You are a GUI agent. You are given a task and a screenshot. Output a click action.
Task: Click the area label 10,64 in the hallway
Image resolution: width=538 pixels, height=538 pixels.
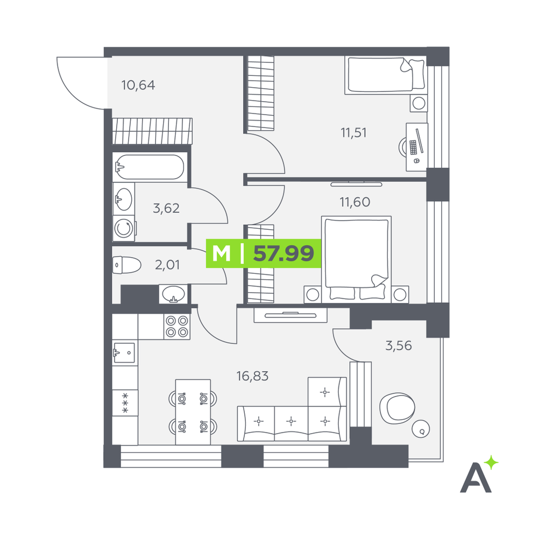[x=138, y=85]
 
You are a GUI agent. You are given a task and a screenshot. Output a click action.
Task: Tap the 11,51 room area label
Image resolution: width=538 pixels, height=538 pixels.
[x=353, y=132]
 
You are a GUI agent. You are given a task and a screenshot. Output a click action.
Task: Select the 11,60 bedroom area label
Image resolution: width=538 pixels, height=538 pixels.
[x=355, y=202]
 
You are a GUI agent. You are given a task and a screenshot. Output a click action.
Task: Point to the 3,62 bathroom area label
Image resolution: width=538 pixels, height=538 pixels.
[x=166, y=208]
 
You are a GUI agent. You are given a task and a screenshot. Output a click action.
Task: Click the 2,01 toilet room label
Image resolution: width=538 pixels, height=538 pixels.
[x=167, y=265]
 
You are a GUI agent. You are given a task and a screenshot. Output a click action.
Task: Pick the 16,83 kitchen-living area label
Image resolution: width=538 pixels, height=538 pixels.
[x=252, y=376]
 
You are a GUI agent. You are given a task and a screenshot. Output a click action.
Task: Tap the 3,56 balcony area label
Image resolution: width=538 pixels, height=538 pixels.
[x=398, y=345]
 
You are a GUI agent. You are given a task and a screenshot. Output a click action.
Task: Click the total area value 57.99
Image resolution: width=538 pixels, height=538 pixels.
[x=284, y=253]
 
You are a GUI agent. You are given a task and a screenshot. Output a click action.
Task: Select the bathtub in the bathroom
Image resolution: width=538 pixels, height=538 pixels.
[x=150, y=167]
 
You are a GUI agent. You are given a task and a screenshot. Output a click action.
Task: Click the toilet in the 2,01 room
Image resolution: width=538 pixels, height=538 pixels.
[x=126, y=265]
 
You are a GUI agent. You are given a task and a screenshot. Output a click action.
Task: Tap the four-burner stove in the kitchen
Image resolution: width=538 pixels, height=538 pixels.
[x=177, y=327]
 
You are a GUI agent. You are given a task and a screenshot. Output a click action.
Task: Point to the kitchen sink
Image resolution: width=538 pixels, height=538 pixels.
[x=124, y=352]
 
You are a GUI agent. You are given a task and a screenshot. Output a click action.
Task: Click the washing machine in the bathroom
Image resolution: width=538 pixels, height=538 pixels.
[x=124, y=228]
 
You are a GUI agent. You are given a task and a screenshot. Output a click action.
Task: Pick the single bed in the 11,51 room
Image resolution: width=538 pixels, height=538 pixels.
[x=386, y=75]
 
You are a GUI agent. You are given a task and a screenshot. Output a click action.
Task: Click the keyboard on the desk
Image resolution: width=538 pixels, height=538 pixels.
[x=413, y=147]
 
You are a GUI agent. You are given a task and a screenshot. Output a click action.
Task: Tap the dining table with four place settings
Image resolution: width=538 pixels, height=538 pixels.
[x=193, y=412]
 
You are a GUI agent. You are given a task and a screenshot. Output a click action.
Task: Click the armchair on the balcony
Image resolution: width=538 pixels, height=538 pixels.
[x=397, y=408]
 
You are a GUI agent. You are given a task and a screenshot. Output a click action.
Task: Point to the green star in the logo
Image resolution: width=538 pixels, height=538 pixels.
[x=492, y=462]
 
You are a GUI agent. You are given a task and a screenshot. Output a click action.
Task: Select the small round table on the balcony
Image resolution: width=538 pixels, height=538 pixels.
[x=421, y=429]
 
